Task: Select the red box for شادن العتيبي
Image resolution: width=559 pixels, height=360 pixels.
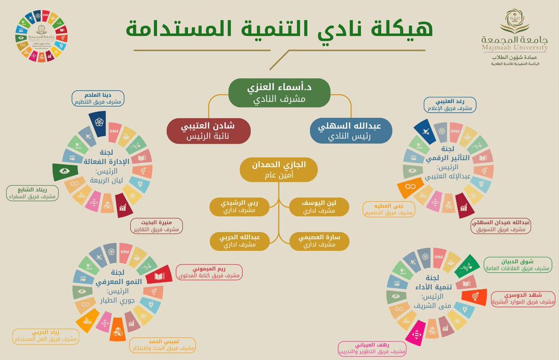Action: click(209, 131)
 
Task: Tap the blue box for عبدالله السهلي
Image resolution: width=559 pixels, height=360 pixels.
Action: click(351, 131)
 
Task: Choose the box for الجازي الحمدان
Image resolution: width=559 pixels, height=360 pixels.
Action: click(279, 170)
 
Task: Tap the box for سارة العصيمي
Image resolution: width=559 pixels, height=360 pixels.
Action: click(319, 241)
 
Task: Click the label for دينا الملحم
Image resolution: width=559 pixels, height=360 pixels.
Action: click(98, 98)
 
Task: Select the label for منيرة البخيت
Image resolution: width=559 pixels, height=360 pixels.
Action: click(156, 226)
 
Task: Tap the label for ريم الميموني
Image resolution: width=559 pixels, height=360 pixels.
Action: click(209, 272)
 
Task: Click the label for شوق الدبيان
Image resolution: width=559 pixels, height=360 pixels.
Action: click(517, 264)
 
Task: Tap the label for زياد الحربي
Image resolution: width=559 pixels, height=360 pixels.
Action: click(45, 336)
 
